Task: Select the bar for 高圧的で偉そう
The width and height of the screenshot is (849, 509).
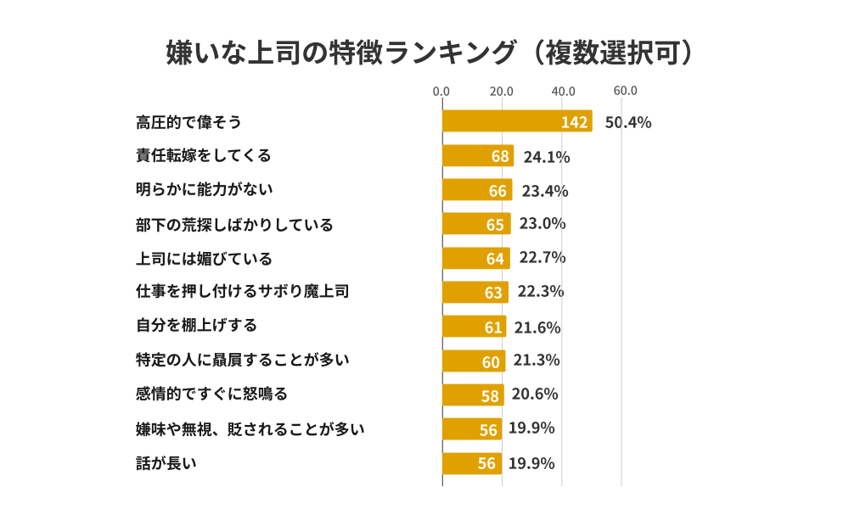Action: tap(517, 121)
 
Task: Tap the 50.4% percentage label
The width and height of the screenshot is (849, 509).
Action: tap(627, 122)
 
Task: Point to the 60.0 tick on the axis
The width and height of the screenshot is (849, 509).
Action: tap(625, 92)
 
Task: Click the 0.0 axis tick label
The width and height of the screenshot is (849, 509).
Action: tap(441, 92)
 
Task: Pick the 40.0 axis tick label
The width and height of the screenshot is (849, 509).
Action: tap(563, 92)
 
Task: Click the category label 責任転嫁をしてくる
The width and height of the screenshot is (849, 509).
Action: tap(204, 155)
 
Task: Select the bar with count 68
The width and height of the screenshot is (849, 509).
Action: tap(477, 156)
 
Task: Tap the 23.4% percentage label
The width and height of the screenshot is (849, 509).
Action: tap(545, 191)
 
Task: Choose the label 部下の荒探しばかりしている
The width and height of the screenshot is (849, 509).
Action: tap(234, 225)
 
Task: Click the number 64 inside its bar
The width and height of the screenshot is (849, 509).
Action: tap(495, 259)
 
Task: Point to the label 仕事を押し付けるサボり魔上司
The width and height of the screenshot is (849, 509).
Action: tap(243, 292)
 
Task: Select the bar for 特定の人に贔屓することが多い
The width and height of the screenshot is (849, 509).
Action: tap(474, 361)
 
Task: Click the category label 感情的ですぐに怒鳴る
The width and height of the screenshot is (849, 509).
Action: tap(211, 394)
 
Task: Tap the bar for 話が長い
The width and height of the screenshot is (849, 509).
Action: tap(471, 463)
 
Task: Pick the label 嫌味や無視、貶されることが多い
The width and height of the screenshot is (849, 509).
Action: tap(250, 428)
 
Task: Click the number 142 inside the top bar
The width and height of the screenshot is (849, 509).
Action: tap(574, 122)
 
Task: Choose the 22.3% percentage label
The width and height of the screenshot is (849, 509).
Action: tap(541, 292)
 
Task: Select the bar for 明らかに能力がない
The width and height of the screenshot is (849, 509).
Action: tap(476, 190)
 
